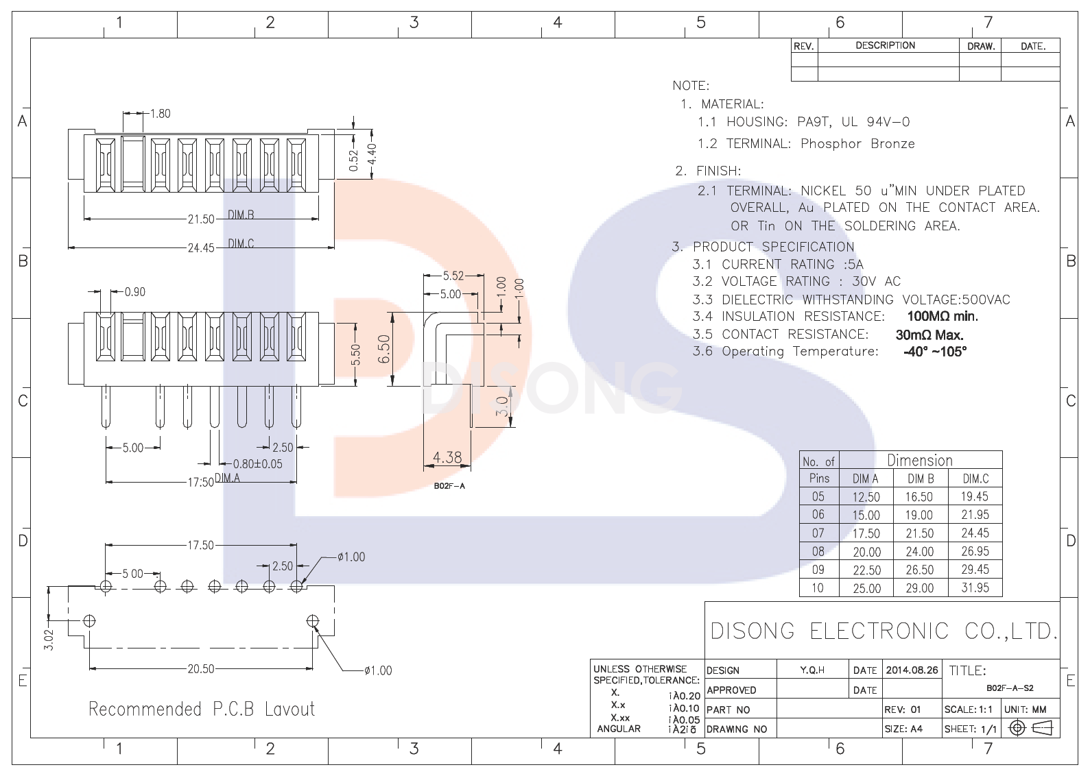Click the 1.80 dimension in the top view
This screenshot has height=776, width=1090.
(160, 114)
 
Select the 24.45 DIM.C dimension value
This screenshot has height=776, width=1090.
(201, 247)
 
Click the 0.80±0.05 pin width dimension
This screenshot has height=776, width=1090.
(258, 464)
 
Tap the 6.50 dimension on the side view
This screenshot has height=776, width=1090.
(384, 349)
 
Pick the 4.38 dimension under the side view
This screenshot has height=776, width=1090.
(447, 457)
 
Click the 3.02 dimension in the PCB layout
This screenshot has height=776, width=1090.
(49, 639)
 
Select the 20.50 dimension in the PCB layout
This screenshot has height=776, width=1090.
(201, 669)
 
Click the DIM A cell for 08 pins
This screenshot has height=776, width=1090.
(866, 552)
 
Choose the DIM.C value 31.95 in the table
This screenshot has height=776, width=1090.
(975, 587)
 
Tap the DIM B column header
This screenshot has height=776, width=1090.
(921, 478)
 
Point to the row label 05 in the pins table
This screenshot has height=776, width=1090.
(818, 496)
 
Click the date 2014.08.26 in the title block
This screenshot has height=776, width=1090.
(912, 670)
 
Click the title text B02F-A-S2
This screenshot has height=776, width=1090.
(1010, 688)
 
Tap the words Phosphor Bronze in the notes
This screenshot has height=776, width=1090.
(857, 143)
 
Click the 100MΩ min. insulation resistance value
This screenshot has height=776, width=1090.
(943, 316)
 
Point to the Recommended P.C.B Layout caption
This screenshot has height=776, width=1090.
(202, 709)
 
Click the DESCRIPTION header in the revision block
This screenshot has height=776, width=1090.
(885, 45)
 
